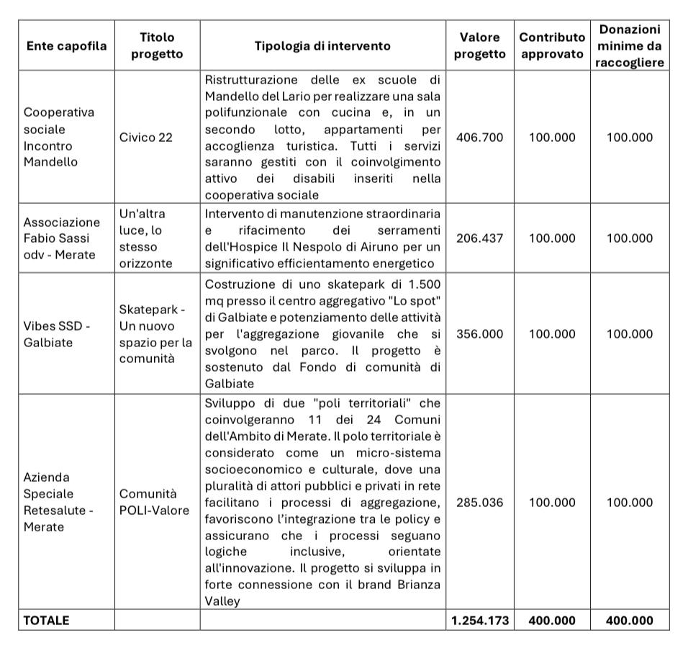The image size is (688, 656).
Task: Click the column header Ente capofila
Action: click(x=65, y=45)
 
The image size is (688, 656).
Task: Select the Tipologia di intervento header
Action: click(x=322, y=45)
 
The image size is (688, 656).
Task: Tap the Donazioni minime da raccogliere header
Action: click(x=629, y=45)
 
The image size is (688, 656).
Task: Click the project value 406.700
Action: click(x=480, y=137)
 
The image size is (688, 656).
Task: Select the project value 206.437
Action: click(x=480, y=238)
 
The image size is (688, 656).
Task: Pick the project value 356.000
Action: click(x=480, y=333)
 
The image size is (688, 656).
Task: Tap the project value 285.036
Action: click(x=480, y=502)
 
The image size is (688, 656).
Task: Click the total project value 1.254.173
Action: click(x=480, y=620)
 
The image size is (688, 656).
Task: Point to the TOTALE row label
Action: click(x=47, y=620)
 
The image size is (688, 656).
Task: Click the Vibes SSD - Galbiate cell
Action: click(x=57, y=333)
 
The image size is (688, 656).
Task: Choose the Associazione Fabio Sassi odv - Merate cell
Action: click(x=62, y=238)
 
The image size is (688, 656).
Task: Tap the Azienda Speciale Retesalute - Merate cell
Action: click(x=58, y=502)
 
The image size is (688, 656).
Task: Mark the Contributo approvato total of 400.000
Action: click(x=552, y=620)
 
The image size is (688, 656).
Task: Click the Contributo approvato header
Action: click(x=552, y=45)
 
